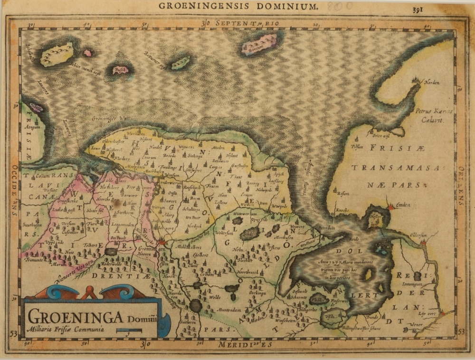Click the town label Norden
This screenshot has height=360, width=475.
coord(432,82)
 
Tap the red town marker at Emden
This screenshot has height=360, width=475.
coord(391,207)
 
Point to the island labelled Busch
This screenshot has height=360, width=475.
coord(120,70)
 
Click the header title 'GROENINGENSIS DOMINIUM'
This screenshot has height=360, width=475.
coord(237,6)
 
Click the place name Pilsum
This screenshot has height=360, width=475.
coord(360,147)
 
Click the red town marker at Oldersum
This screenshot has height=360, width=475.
coord(423,243)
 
